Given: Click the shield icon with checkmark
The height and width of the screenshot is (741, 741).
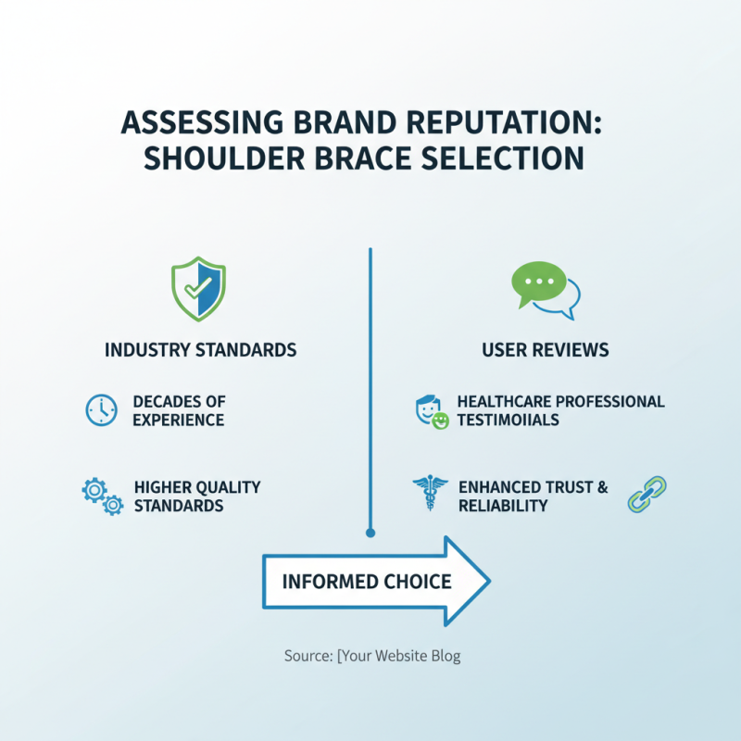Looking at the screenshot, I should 199,290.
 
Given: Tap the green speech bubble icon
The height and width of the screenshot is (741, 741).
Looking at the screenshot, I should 539,283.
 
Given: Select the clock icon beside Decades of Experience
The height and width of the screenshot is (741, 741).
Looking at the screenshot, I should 101,410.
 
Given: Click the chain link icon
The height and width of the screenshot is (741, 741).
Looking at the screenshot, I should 647,495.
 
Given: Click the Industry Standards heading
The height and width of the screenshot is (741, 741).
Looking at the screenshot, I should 200,350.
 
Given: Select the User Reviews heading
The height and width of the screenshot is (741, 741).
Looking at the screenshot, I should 545,350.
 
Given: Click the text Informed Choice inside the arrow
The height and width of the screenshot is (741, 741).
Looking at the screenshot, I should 366,582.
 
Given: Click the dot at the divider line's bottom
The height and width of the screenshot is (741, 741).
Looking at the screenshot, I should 370,533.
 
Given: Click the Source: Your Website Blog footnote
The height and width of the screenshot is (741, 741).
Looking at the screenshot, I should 371,656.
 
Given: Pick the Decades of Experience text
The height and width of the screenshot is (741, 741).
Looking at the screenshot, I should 179,410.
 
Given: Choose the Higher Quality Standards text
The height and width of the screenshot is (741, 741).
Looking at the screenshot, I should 196,496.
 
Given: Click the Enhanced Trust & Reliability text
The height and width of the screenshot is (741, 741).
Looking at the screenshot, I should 533,496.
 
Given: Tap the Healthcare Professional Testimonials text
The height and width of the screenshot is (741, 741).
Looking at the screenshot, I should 560,410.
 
